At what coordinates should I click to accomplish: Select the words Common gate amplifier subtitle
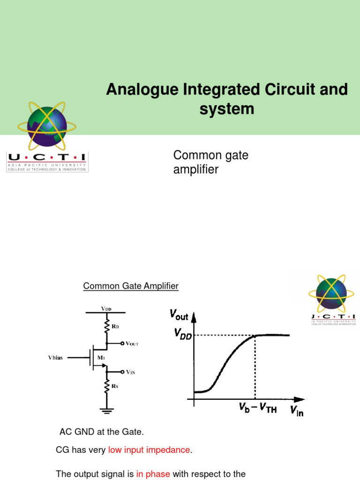pos(210,162)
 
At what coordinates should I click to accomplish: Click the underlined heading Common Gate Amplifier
pos(131,286)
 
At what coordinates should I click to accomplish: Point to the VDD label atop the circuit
pos(106,309)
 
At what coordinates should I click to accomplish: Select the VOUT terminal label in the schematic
pos(132,344)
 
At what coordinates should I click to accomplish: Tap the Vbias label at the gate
pos(58,358)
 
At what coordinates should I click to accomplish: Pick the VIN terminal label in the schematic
pos(131,372)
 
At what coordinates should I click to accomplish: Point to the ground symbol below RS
pos(107,411)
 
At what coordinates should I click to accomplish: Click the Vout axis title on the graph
pos(179,315)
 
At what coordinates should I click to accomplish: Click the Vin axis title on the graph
pos(296,412)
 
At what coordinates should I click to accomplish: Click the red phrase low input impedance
pos(149,450)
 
